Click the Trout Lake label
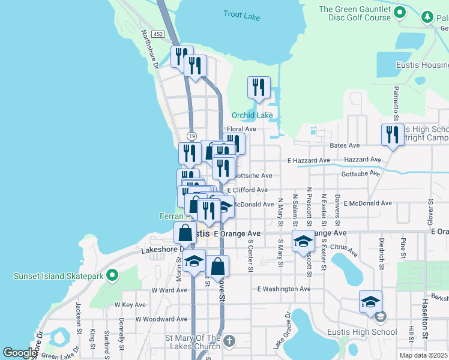click(x=242, y=16)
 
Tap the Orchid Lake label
click(x=253, y=115)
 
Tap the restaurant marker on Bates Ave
click(x=392, y=136)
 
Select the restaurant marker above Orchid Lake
click(x=259, y=88)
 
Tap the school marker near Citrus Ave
click(x=303, y=241)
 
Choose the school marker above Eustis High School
click(x=370, y=301)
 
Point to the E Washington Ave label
click(x=284, y=289)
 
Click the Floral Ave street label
click(x=242, y=129)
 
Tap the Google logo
click(x=20, y=353)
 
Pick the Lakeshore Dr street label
click(x=161, y=248)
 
